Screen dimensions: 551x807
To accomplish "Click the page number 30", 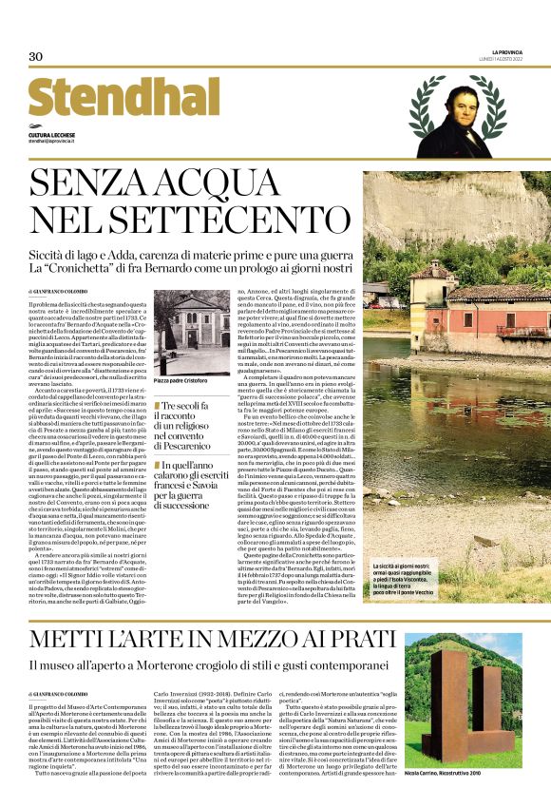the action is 36,57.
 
